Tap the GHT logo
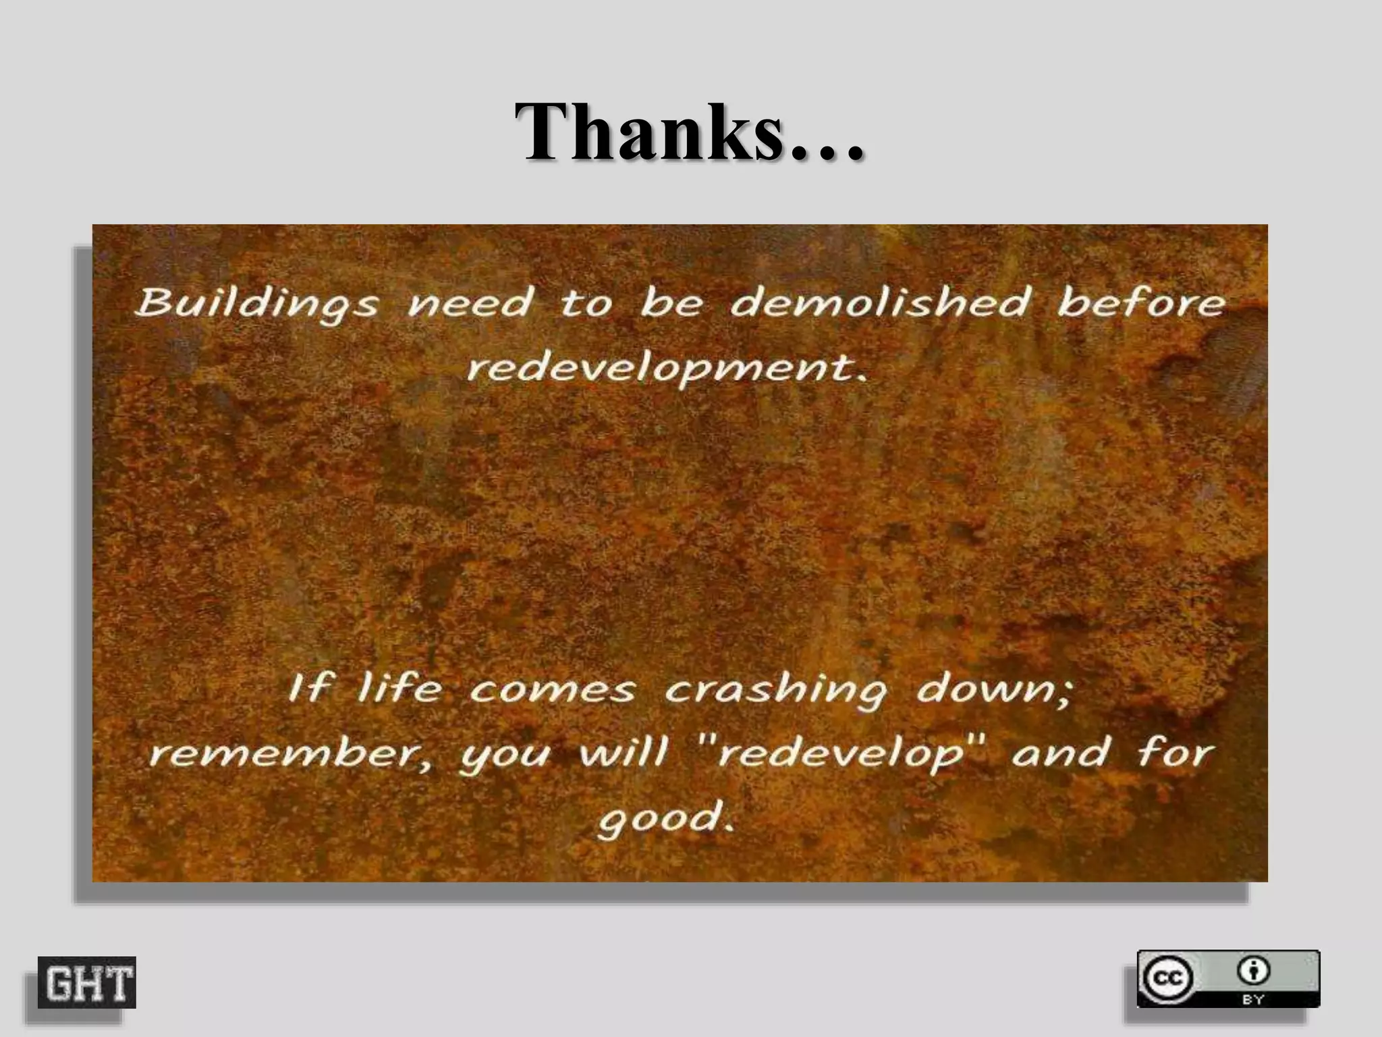[87, 982]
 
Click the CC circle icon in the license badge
[1167, 978]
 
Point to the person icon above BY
[1253, 972]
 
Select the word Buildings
[256, 304]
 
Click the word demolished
[881, 302]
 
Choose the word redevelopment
[667, 369]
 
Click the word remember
[290, 753]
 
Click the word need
[470, 304]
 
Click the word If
[310, 689]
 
